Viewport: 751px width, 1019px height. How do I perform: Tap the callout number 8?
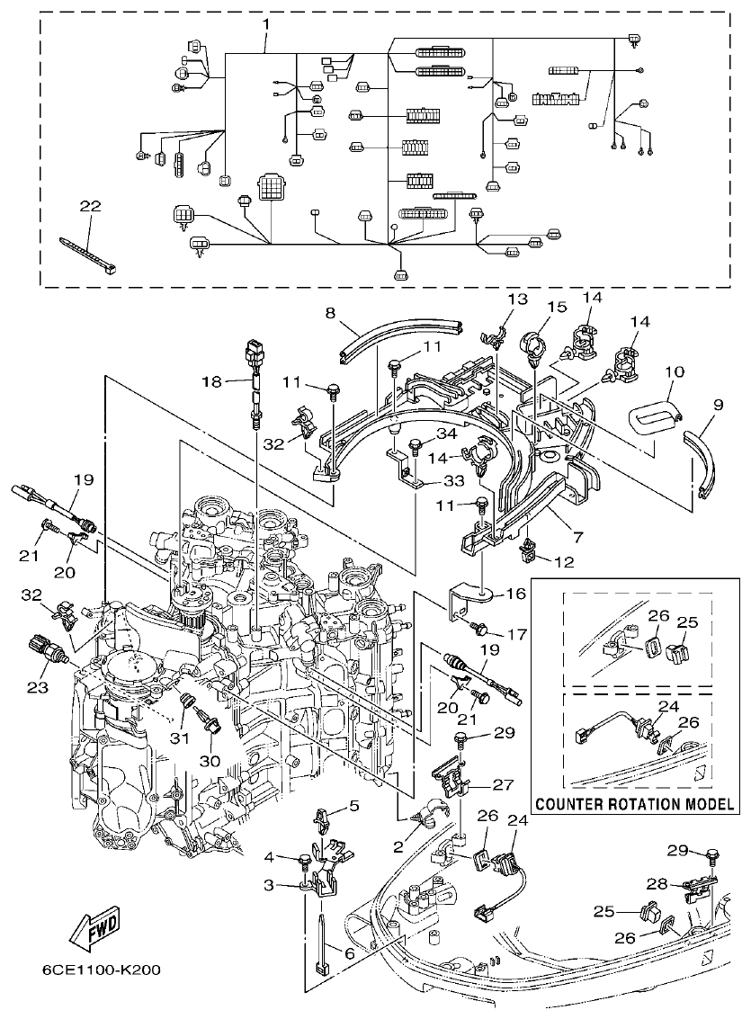click(x=330, y=313)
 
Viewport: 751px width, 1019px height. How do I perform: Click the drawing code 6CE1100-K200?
click(x=101, y=970)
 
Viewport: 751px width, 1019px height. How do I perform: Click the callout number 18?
click(x=211, y=382)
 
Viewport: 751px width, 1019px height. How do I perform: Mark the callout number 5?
click(x=353, y=806)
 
